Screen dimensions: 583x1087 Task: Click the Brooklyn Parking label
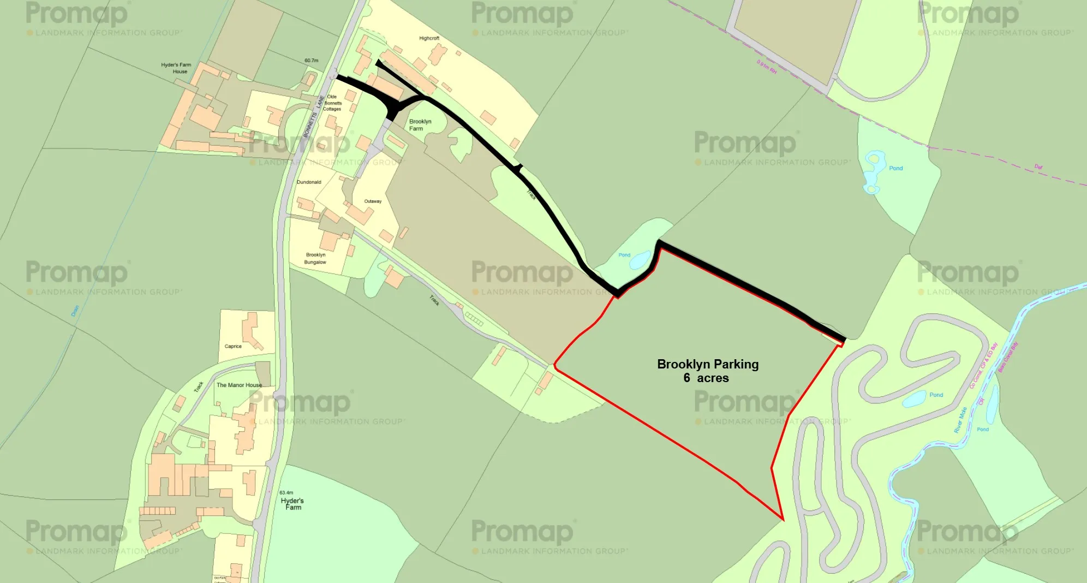pos(707,364)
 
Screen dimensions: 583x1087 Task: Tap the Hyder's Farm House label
pos(176,68)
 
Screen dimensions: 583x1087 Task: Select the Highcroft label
pos(429,38)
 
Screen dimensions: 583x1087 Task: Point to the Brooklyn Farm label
pos(420,125)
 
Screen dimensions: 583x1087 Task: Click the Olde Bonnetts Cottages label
pos(332,103)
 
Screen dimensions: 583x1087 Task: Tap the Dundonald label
pos(309,182)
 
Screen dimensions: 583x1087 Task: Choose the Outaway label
pos(373,201)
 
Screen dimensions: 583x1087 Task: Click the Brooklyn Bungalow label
pos(315,258)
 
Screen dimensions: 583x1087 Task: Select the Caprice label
pos(233,346)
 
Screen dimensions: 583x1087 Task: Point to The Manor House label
pos(239,385)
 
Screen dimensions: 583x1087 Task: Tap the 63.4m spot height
pos(286,492)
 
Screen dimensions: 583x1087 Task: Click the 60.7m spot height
pos(311,61)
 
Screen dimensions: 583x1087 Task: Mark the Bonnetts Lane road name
pos(314,117)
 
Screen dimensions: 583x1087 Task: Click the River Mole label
pos(960,420)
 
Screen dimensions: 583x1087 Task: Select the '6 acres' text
pos(706,378)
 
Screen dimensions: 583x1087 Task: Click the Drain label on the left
pos(75,311)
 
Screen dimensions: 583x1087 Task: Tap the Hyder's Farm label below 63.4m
pos(292,504)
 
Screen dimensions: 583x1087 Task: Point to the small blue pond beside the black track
pos(640,260)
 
